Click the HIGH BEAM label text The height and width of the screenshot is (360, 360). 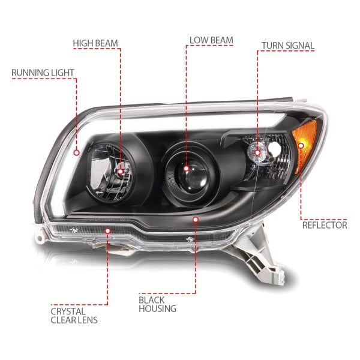point(95,43)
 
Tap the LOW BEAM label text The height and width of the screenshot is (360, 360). point(211,40)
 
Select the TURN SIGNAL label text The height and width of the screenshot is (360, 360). point(288,46)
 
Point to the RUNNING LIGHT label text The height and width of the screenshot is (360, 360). point(43,73)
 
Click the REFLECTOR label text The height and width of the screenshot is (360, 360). point(325,225)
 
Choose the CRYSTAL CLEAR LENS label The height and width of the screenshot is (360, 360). point(74,316)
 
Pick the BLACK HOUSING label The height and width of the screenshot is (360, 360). point(157,304)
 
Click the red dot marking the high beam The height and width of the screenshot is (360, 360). point(121,171)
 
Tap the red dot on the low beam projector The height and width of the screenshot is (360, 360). point(186,169)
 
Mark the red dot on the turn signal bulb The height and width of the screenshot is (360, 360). point(257,152)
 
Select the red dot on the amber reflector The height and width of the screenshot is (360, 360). point(301,145)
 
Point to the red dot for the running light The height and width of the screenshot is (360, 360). point(77,152)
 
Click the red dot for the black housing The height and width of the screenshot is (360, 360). point(196,220)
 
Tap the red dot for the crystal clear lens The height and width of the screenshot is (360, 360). point(107,230)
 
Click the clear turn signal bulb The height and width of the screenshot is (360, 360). point(257,152)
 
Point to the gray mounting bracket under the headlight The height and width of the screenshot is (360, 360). point(259,257)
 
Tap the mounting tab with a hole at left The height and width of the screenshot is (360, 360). point(39,238)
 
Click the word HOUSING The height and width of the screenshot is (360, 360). point(157,309)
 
